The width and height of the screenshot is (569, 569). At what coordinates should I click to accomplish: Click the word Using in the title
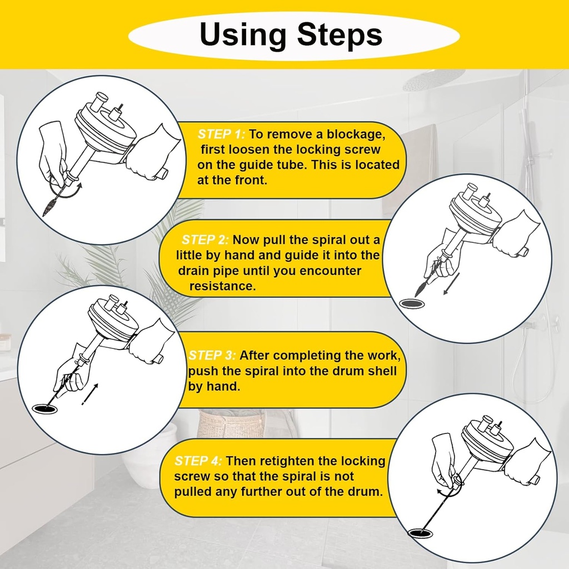[x=242, y=36]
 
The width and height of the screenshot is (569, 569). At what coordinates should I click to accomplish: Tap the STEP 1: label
[x=221, y=134]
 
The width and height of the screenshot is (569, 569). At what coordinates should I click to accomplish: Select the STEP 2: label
[x=205, y=240]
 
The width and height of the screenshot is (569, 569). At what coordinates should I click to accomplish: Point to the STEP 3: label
[x=212, y=355]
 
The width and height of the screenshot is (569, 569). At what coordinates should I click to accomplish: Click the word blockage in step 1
[x=356, y=134]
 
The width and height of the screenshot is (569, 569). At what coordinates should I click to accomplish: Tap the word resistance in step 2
[x=222, y=286]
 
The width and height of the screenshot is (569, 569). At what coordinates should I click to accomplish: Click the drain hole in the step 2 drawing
[x=412, y=303]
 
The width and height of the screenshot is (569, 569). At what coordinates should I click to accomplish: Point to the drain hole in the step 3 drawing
[x=45, y=408]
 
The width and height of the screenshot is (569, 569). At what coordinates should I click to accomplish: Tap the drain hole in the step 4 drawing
[x=421, y=533]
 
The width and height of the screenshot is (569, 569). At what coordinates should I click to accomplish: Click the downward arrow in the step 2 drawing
[x=451, y=283]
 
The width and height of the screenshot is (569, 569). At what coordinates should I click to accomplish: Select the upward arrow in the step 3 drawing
[x=90, y=394]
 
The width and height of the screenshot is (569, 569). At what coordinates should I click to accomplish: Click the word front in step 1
[x=249, y=181]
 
